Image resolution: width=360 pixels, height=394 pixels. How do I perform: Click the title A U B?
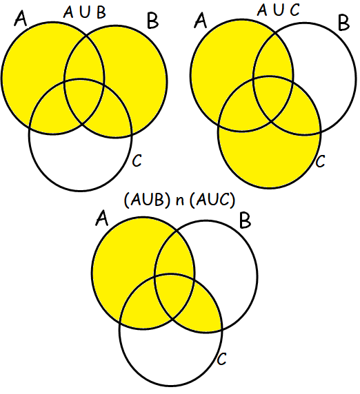85,12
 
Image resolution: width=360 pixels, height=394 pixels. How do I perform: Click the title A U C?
278,10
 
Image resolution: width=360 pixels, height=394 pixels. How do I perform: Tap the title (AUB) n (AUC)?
179,200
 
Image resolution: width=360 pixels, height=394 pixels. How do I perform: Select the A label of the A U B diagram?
21,19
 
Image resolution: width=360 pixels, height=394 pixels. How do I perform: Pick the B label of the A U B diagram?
152,21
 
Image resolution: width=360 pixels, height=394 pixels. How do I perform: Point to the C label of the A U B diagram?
137,160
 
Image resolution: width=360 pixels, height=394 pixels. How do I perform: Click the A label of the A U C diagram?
201,20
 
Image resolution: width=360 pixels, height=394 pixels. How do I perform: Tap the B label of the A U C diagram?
343,23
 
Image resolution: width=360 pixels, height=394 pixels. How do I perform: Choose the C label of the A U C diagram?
320,161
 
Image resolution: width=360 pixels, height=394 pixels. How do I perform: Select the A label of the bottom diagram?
102,218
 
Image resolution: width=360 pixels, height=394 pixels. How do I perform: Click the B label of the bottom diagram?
245,220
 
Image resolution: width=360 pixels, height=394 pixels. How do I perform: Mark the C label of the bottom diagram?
221,359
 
